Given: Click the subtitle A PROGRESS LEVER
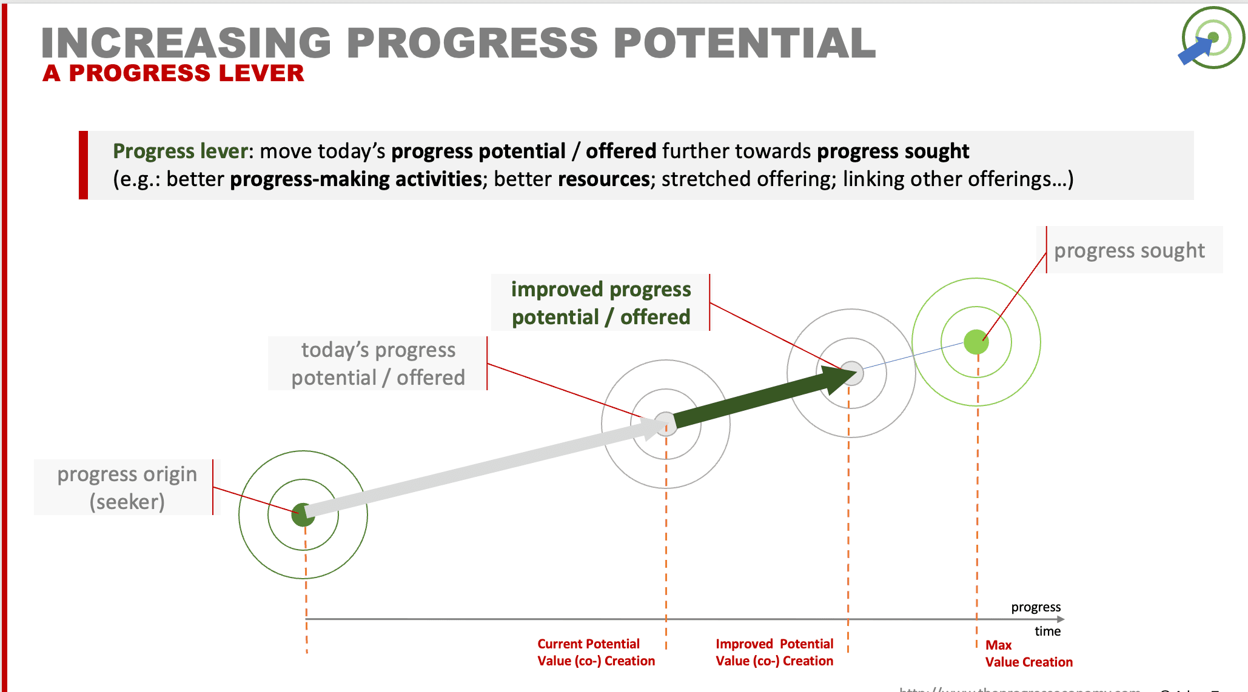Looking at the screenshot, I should (x=173, y=73).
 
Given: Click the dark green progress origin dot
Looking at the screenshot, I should (x=302, y=515).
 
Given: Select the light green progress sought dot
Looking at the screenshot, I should (x=976, y=342).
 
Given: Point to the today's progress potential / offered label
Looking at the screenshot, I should (x=378, y=364).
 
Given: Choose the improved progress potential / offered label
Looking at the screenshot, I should (x=600, y=303).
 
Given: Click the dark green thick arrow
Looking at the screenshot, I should (x=758, y=400).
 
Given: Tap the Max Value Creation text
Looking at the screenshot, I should (x=1028, y=654).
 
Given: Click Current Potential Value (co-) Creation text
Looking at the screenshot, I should (x=595, y=653).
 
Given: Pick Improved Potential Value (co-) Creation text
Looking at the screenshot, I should (x=774, y=653).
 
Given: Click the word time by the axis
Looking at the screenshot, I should (x=1047, y=631).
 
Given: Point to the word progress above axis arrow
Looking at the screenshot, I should (x=1036, y=607).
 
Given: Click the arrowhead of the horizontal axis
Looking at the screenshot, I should (x=1060, y=619).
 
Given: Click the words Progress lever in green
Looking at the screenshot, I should (x=180, y=151).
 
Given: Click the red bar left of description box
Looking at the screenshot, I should (x=84, y=165).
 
